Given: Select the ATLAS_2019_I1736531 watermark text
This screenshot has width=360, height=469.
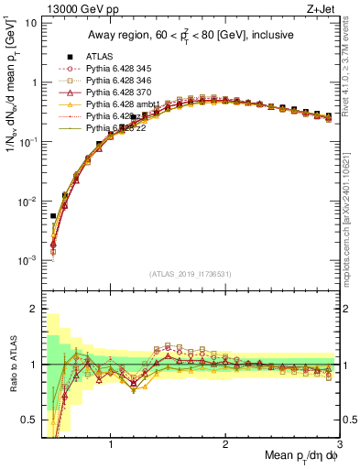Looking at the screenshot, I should (x=190, y=274).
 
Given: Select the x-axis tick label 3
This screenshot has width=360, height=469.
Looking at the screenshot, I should (x=339, y=446).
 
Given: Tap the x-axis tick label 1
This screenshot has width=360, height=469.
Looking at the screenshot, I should (x=111, y=446).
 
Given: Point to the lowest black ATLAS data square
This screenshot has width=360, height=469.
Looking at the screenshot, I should (x=53, y=216).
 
